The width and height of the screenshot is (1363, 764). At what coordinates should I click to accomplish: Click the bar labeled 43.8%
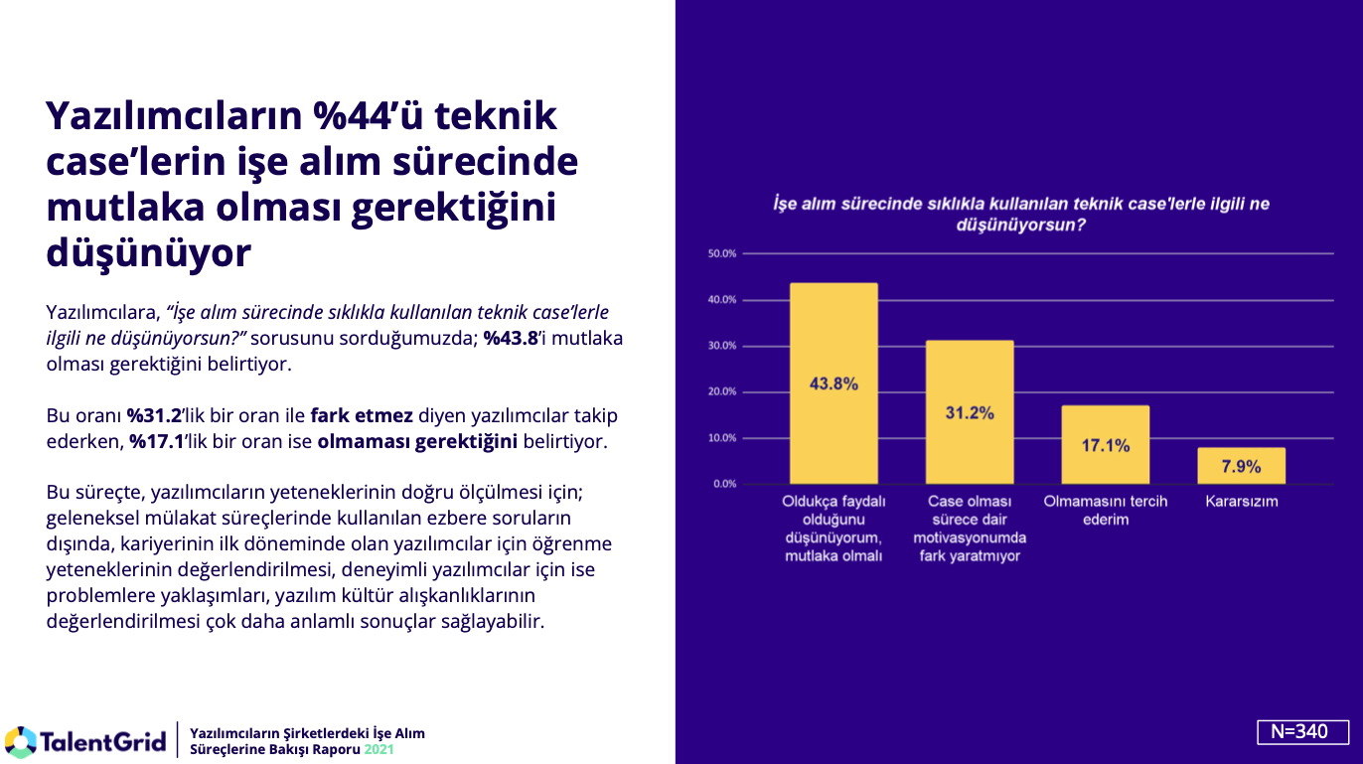[833, 383]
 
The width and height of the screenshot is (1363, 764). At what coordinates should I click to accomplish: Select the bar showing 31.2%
[970, 412]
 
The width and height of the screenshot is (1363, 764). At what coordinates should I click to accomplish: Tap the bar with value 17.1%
[1105, 445]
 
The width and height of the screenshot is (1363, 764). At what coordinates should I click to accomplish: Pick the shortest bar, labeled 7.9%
[1241, 466]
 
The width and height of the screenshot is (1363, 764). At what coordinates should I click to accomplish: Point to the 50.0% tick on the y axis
[722, 253]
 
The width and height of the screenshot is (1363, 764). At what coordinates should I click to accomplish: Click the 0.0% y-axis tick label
[724, 484]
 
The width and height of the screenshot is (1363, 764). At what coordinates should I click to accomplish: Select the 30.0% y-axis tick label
[722, 346]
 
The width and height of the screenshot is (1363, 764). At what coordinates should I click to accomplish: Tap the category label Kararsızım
[1242, 502]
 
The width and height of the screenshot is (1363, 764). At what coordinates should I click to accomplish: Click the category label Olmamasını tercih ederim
[1106, 511]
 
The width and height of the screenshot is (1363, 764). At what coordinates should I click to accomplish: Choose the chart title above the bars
[1020, 215]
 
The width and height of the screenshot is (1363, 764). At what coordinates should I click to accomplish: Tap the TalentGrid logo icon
[21, 741]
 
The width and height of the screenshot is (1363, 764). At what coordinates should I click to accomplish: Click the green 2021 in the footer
[379, 749]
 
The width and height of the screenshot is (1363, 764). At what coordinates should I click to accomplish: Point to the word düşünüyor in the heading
[148, 253]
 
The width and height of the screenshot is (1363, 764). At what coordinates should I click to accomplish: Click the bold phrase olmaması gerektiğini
[417, 442]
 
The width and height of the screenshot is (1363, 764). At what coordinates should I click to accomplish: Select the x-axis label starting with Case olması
[970, 529]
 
